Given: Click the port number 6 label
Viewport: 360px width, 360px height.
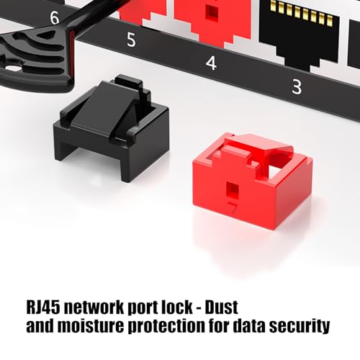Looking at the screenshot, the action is point(55,17).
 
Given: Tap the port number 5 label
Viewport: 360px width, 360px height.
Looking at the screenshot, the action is point(131,40).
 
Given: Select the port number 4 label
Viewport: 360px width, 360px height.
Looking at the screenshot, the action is point(211,63).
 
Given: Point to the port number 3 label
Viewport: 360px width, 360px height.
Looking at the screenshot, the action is point(297,87).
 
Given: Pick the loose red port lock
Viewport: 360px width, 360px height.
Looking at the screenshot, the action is point(253,181).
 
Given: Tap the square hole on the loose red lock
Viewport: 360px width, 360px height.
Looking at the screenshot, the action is point(233,189).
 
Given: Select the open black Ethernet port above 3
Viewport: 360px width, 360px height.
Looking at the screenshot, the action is point(300,34).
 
